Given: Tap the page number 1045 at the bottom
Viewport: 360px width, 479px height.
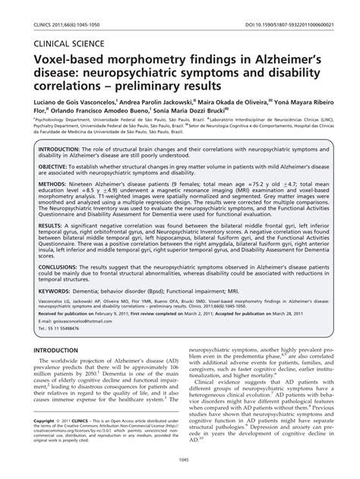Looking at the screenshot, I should pos(180,461).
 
